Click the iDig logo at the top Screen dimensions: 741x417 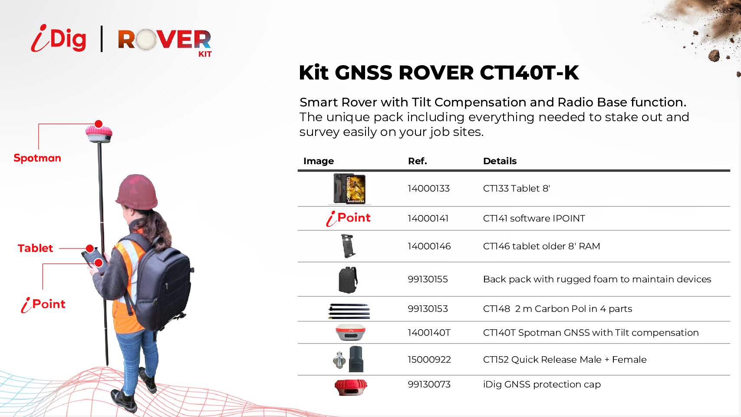(x=59, y=38)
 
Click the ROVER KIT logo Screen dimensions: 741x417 (x=165, y=43)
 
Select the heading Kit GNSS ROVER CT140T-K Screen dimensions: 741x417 (x=439, y=73)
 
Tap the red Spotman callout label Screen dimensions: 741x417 (x=37, y=158)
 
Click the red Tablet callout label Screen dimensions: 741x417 (x=36, y=248)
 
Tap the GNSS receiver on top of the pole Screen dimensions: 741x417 (x=99, y=133)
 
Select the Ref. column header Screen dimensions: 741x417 (x=418, y=161)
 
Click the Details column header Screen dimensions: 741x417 (x=500, y=161)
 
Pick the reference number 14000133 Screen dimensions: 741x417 (x=428, y=189)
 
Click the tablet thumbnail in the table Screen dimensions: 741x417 (x=349, y=189)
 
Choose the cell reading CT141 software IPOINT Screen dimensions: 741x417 (x=534, y=218)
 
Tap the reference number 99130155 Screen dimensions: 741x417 (x=428, y=279)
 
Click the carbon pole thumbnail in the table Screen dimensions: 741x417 (x=349, y=311)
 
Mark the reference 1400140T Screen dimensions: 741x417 (x=429, y=333)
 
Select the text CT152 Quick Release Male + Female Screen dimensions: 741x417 (x=565, y=359)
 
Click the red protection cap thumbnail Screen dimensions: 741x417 (x=351, y=387)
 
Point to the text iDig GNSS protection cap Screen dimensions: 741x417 (x=542, y=384)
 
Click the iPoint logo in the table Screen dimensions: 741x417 (x=348, y=218)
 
